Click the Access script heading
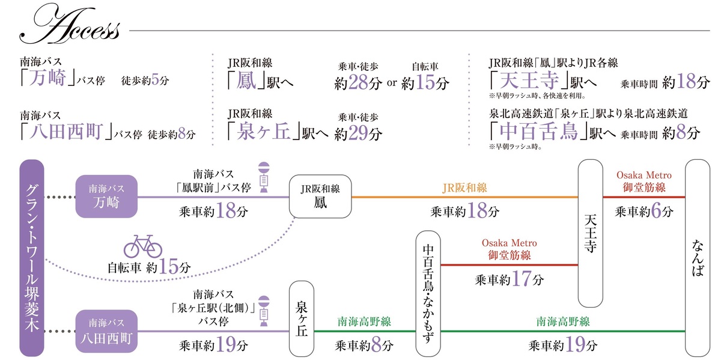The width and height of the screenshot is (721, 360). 69,28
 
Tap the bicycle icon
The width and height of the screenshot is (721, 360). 143,247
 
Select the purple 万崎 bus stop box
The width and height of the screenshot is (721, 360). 106,197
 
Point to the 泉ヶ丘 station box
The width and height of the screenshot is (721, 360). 302,319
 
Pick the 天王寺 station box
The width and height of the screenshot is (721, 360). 591,233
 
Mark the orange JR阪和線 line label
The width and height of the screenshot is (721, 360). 464,188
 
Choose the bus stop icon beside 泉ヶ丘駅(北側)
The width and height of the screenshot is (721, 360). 263,311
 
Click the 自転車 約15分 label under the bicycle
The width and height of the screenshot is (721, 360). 148,267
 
